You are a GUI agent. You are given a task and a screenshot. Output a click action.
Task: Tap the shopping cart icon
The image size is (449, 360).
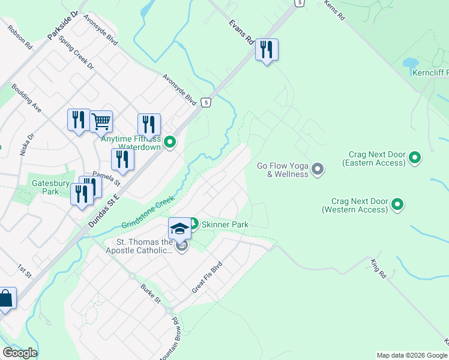(x=101, y=121)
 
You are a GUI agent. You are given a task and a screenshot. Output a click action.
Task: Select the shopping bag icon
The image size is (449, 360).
(x=5, y=298)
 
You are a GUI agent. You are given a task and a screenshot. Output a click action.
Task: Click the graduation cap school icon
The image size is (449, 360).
(x=179, y=228)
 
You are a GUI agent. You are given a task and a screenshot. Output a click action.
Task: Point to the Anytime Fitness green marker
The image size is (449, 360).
(x=170, y=142)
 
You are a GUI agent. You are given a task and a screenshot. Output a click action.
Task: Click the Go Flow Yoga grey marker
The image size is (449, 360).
(x=318, y=170)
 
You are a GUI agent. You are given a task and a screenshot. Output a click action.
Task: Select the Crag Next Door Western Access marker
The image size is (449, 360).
(x=397, y=205)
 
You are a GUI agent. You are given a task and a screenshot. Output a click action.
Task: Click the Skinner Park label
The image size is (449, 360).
(x=224, y=224)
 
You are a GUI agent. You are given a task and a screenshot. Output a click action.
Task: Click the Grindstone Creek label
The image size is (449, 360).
(x=148, y=212)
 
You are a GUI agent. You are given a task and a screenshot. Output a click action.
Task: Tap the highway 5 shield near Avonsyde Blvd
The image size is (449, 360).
(x=206, y=103)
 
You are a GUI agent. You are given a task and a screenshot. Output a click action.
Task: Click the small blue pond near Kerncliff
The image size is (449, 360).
(x=410, y=63)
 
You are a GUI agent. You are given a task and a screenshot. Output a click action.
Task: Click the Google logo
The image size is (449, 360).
(x=20, y=353)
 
